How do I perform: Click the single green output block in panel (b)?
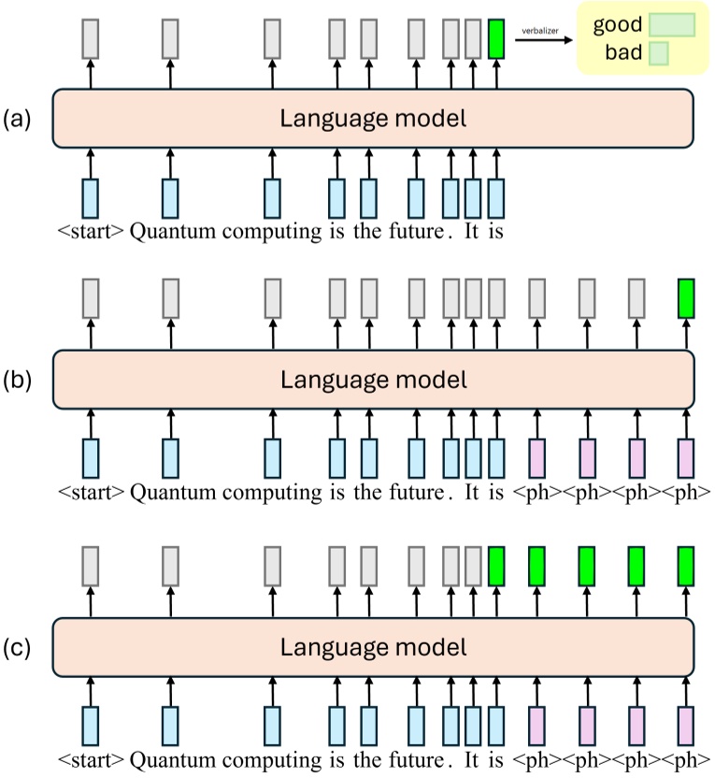[x=687, y=298]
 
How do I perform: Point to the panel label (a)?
[x=19, y=119]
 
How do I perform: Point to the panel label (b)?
[x=19, y=381]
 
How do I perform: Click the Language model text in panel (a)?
[x=373, y=119]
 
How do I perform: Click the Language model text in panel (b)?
[x=373, y=381]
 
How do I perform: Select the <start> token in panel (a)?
[x=92, y=231]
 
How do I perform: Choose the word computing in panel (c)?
[x=273, y=756]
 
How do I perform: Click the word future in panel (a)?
[x=416, y=231]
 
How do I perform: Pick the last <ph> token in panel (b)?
[x=687, y=493]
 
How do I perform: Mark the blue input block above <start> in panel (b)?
[x=91, y=458]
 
